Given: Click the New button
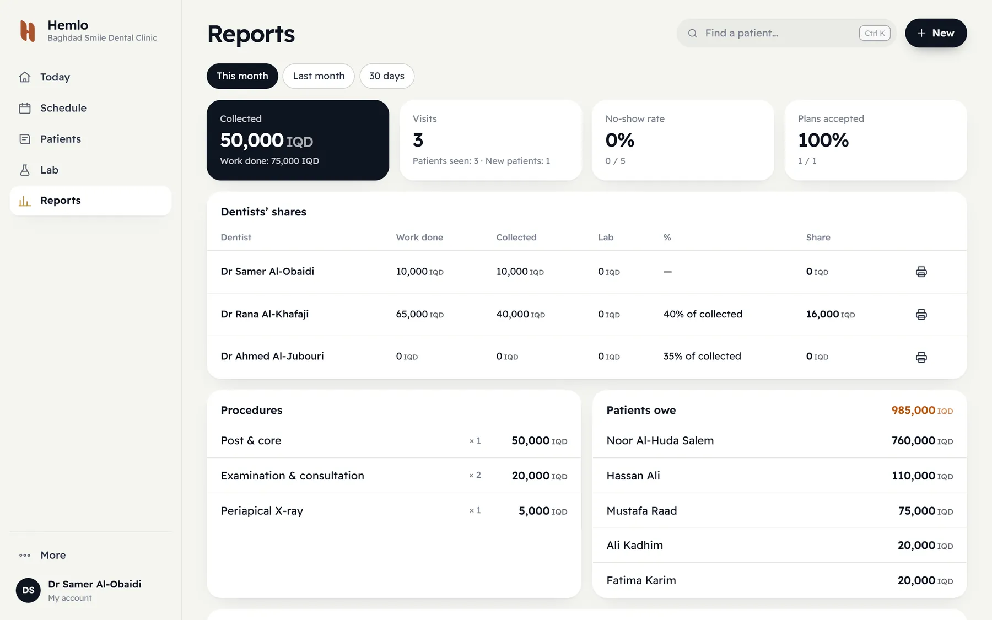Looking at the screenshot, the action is pyautogui.click(x=936, y=33).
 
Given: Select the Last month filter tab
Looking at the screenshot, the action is pyautogui.click(x=319, y=76).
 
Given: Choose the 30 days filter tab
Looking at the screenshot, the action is pyautogui.click(x=387, y=76).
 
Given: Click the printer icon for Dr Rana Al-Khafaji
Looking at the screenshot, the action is pyautogui.click(x=921, y=315).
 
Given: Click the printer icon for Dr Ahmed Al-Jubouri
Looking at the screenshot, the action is pyautogui.click(x=921, y=357).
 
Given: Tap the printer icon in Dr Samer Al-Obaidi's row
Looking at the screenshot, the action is pyautogui.click(x=921, y=272).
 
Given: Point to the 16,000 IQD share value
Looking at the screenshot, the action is pyautogui.click(x=831, y=314).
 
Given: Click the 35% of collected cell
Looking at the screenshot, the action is pyautogui.click(x=702, y=356).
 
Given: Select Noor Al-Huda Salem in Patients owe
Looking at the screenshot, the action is pyautogui.click(x=660, y=440).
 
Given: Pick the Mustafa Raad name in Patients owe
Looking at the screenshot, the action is pyautogui.click(x=641, y=511).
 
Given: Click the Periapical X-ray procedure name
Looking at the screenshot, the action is pyautogui.click(x=262, y=511).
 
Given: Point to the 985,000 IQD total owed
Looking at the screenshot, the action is pyautogui.click(x=922, y=410).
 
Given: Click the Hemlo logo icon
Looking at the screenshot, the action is pyautogui.click(x=28, y=31).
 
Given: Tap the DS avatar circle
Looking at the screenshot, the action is pyautogui.click(x=28, y=590).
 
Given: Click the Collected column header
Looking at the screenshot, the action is pyautogui.click(x=516, y=238).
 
